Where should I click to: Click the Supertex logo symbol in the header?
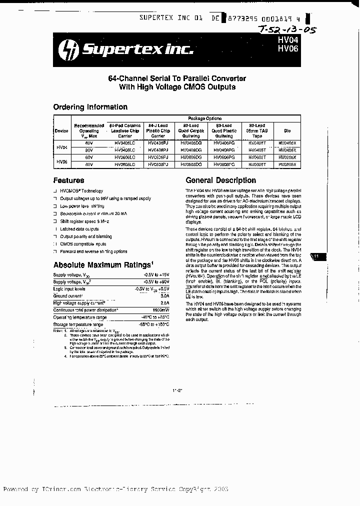coord(69,49)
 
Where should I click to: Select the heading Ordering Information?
coord(90,107)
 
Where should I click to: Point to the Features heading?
coord(68,180)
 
